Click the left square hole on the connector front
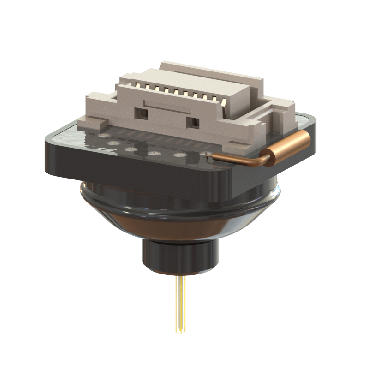pos(141,112)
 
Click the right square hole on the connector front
pos(196,123)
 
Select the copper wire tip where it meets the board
pos(210,157)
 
